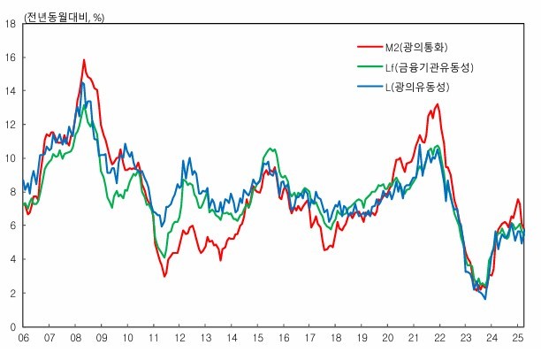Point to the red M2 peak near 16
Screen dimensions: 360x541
[x=84, y=60]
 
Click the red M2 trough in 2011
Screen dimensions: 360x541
[x=164, y=276]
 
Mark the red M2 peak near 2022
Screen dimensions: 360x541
[x=437, y=104]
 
